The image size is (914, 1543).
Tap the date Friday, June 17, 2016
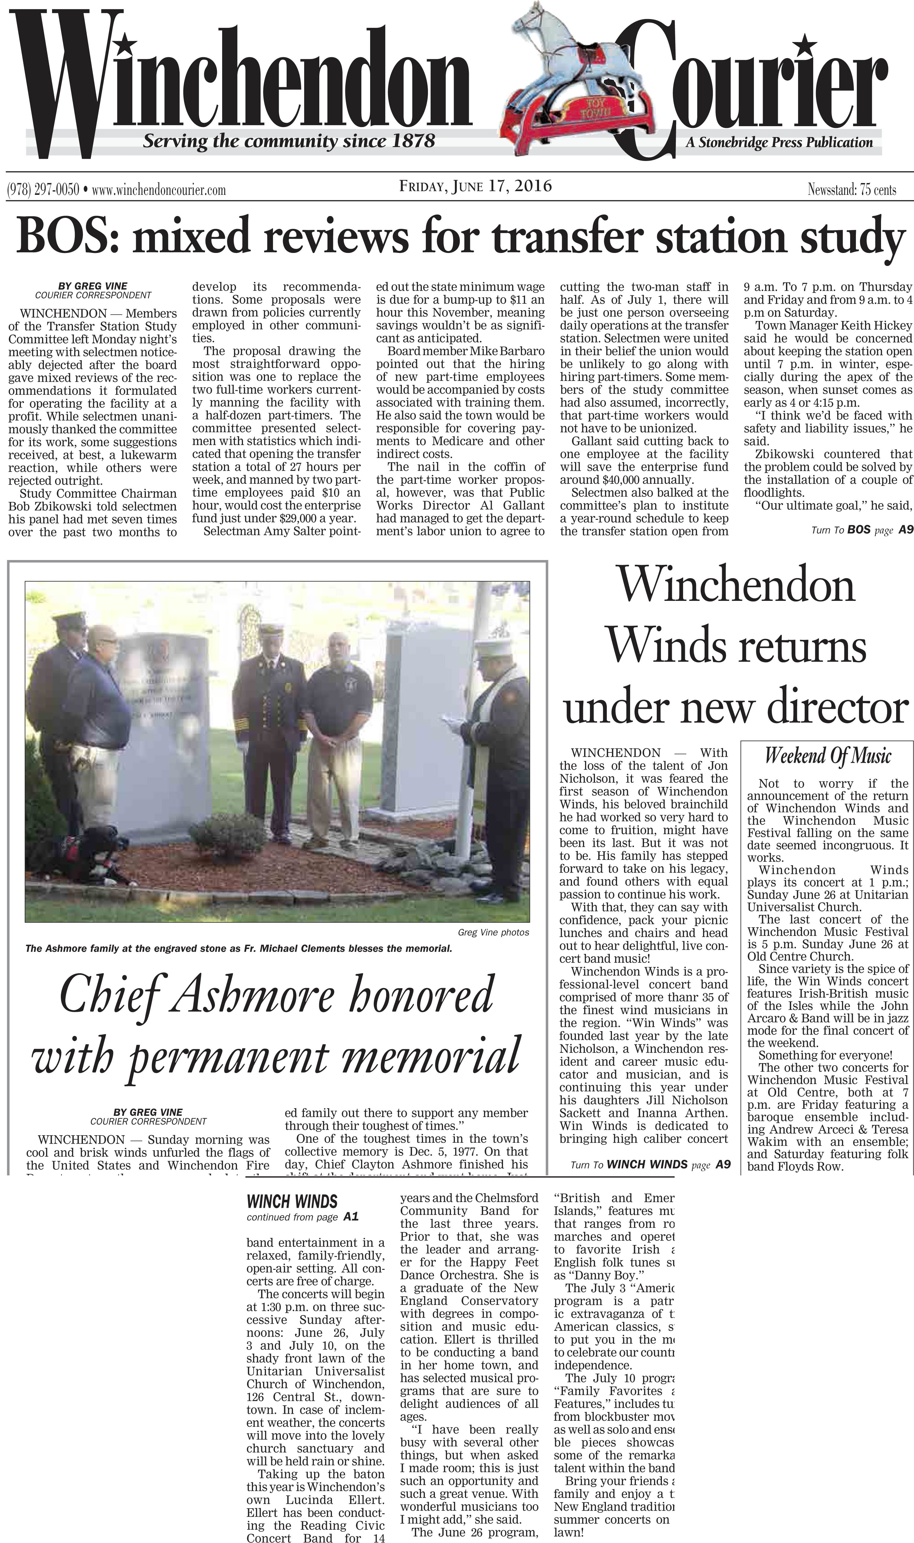(x=475, y=186)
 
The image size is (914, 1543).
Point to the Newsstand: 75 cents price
(x=852, y=190)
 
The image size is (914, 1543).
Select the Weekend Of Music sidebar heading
(x=828, y=755)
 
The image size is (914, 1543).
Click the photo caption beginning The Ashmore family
(x=239, y=948)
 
